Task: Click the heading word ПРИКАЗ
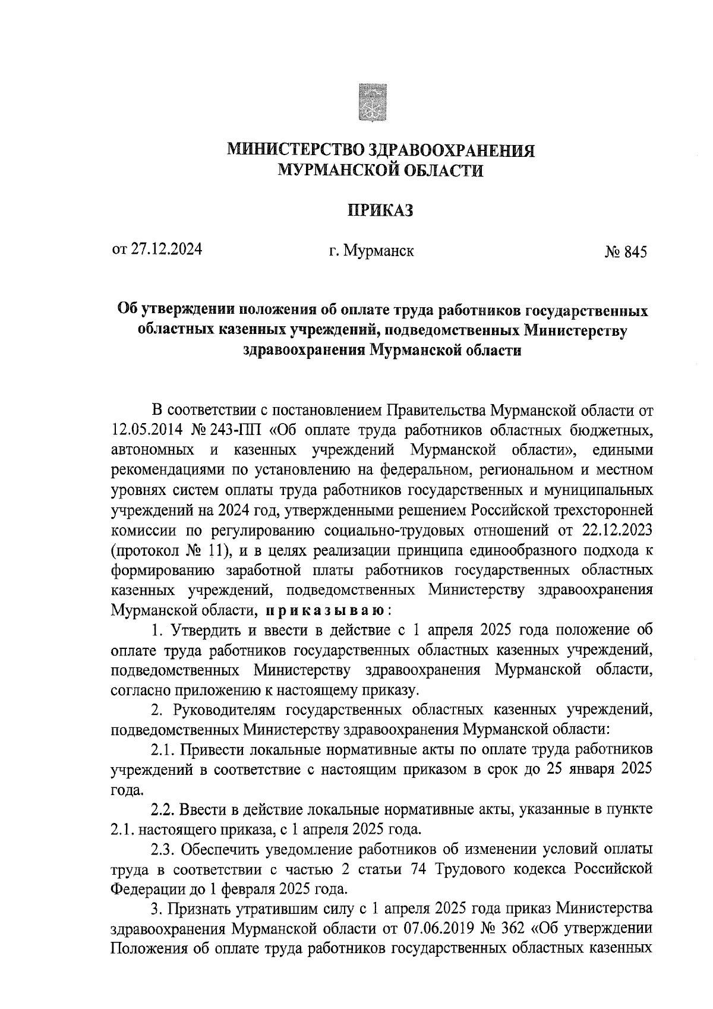tap(380, 210)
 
